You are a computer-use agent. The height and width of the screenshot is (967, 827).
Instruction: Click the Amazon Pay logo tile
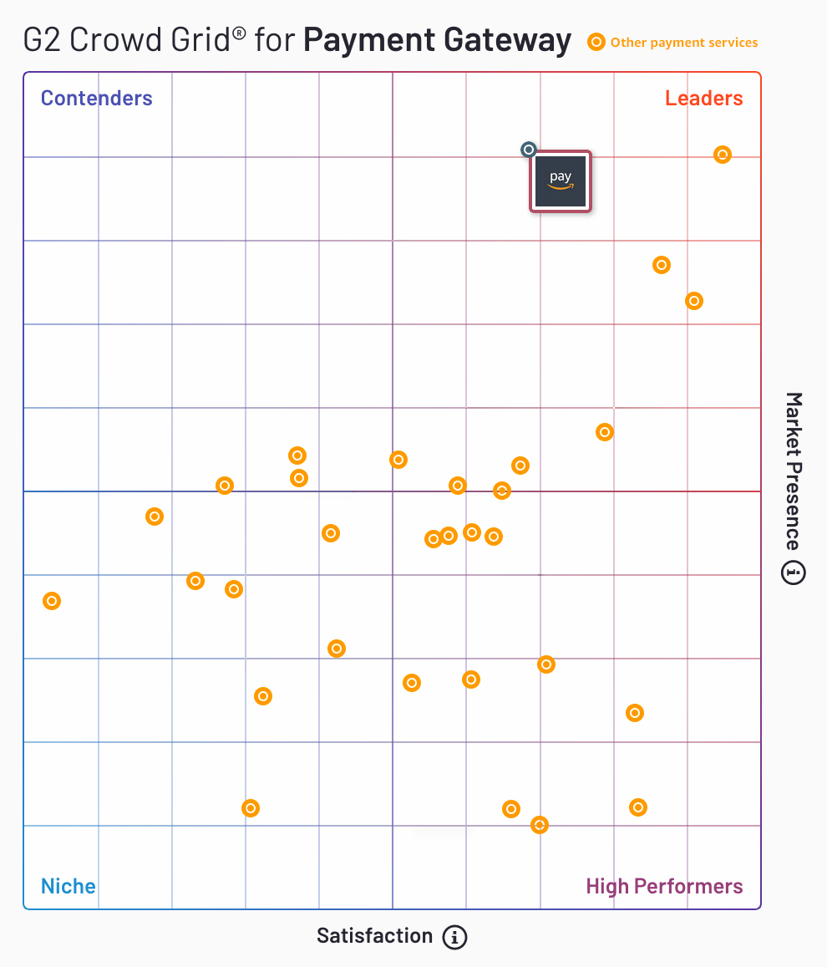coord(561,181)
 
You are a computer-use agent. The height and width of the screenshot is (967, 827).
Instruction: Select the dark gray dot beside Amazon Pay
coord(528,150)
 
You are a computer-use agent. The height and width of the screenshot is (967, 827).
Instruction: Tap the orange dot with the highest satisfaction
coord(723,155)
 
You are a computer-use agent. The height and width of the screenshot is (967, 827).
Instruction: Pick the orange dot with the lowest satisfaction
coord(52,601)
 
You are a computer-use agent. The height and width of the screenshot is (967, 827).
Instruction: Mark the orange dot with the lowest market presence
coord(540,825)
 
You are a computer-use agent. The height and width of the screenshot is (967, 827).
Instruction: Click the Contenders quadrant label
coord(97,99)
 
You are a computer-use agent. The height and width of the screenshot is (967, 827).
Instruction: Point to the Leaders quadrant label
coord(703,99)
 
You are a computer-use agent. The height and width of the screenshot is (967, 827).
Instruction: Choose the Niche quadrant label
coord(68,886)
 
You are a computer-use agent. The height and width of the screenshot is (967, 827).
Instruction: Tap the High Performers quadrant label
coord(664,886)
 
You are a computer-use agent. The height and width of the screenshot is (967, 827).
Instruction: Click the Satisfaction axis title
coord(374,936)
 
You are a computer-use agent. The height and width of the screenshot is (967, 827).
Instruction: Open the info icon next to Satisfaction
coord(454,937)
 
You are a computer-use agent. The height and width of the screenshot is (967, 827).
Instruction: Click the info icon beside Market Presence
coord(794,573)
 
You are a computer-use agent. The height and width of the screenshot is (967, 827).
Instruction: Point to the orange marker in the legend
coord(596,43)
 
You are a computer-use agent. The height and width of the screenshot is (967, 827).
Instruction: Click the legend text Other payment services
coord(684,43)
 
